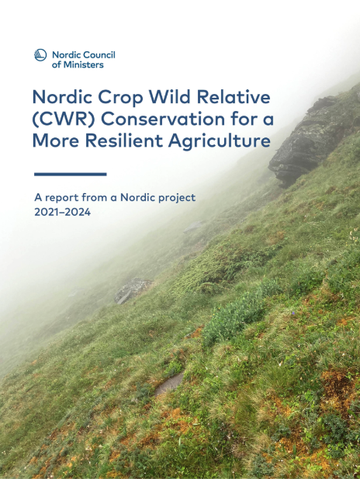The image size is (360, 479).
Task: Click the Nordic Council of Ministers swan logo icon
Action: (x=41, y=55)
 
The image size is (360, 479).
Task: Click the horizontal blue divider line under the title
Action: (x=70, y=174)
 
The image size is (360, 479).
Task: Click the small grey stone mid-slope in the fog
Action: (x=132, y=290)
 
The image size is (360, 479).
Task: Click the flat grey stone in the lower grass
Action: (x=169, y=381)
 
